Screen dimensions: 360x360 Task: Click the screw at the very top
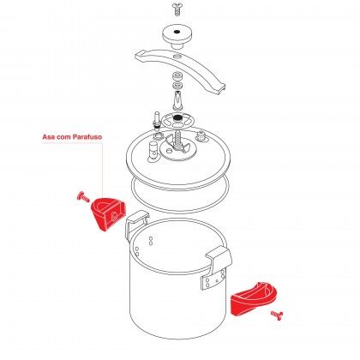coord(178,9)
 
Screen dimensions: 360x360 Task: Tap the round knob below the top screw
coord(177,36)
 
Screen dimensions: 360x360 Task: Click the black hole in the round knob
coord(177,32)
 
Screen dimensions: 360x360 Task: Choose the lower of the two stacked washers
coord(178,85)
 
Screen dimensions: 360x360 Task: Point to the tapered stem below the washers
coord(178,100)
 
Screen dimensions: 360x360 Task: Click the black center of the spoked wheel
coord(178,117)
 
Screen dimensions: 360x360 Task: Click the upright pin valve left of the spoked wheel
coord(157,119)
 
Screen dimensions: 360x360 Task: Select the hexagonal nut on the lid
coord(158,135)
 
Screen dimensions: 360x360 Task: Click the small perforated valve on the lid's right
coord(201,136)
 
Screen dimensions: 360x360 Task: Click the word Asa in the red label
coord(49,137)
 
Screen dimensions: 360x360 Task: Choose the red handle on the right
coord(254,298)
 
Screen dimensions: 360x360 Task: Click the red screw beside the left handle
coord(83,196)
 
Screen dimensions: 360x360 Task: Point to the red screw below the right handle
coord(277,315)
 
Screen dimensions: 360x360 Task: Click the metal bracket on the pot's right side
coord(216,268)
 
